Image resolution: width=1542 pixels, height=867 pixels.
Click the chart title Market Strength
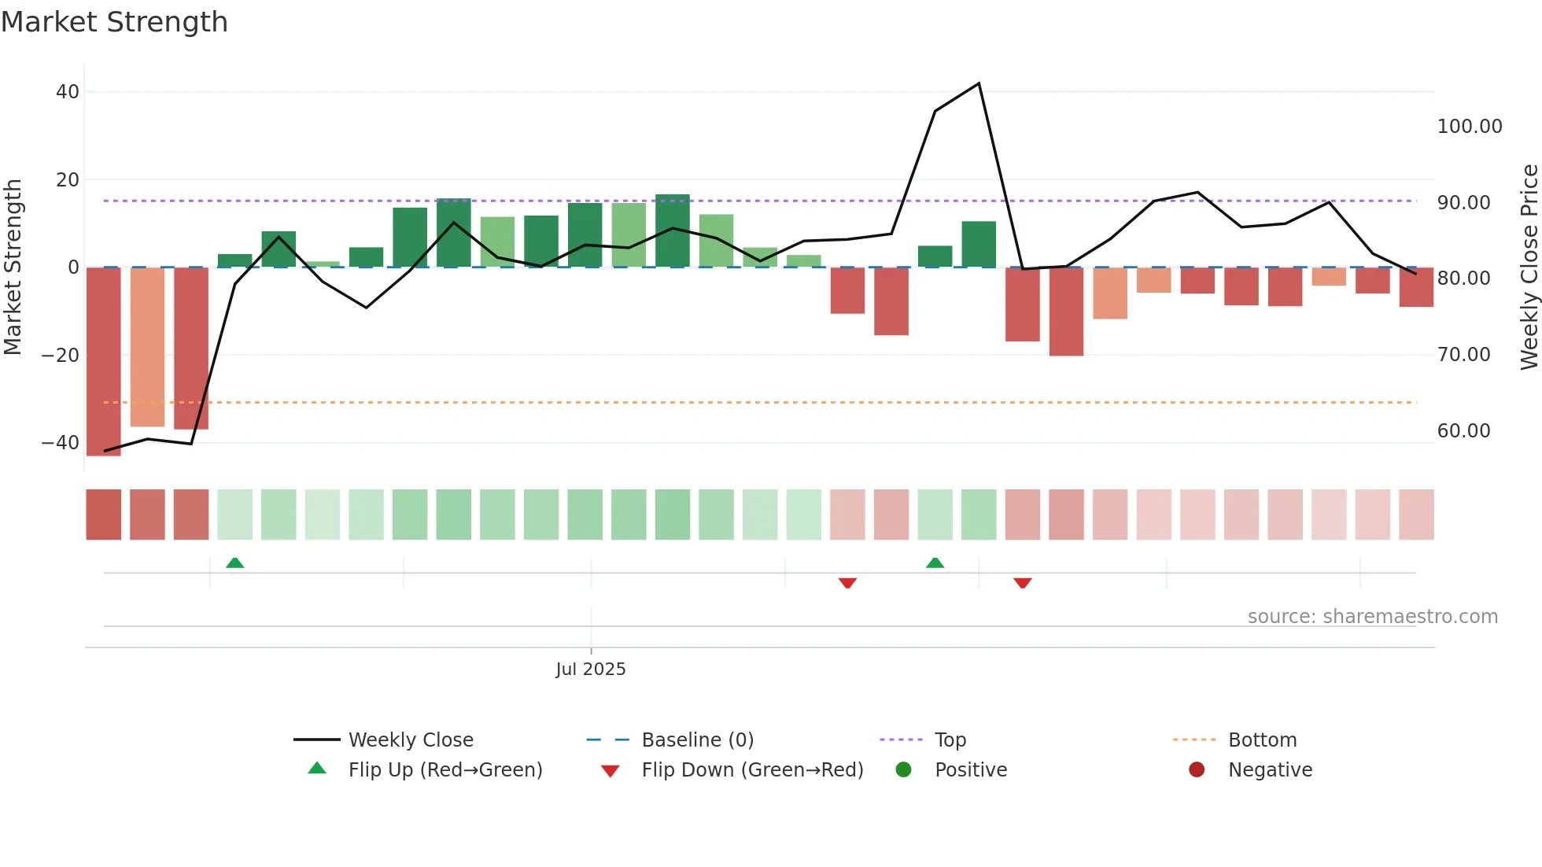pyautogui.click(x=115, y=22)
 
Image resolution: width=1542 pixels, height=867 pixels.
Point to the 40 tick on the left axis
pyautogui.click(x=68, y=92)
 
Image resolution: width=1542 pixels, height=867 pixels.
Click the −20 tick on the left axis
pyautogui.click(x=61, y=355)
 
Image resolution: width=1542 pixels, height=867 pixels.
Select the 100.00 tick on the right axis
pyautogui.click(x=1469, y=127)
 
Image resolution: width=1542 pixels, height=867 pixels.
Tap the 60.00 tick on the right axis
pyautogui.click(x=1463, y=431)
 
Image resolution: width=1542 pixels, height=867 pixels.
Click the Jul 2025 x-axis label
pyautogui.click(x=591, y=670)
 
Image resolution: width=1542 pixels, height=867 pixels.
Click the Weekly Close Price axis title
pyautogui.click(x=1529, y=267)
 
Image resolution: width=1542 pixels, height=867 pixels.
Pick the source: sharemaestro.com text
pyautogui.click(x=1372, y=617)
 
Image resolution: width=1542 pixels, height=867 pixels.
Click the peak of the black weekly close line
pyautogui.click(x=979, y=83)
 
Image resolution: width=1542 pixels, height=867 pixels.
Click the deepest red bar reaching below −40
pyautogui.click(x=104, y=362)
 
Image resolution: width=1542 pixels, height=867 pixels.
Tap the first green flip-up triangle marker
pyautogui.click(x=234, y=563)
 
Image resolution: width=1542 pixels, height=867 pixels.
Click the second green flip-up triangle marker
pyautogui.click(x=935, y=563)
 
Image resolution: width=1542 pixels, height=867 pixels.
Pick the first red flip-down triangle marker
pyautogui.click(x=847, y=583)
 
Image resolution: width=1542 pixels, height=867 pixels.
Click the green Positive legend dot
pyautogui.click(x=903, y=770)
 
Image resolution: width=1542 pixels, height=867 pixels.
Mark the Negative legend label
pyautogui.click(x=1270, y=770)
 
